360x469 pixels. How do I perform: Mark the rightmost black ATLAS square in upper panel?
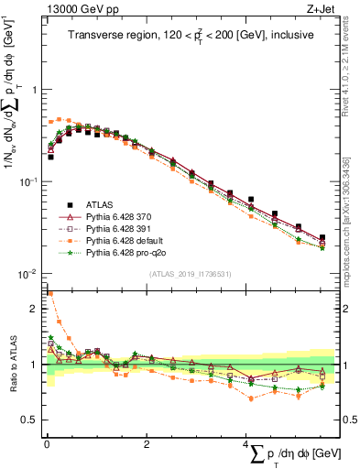click(322, 237)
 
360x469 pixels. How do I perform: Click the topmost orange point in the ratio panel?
click(50, 294)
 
